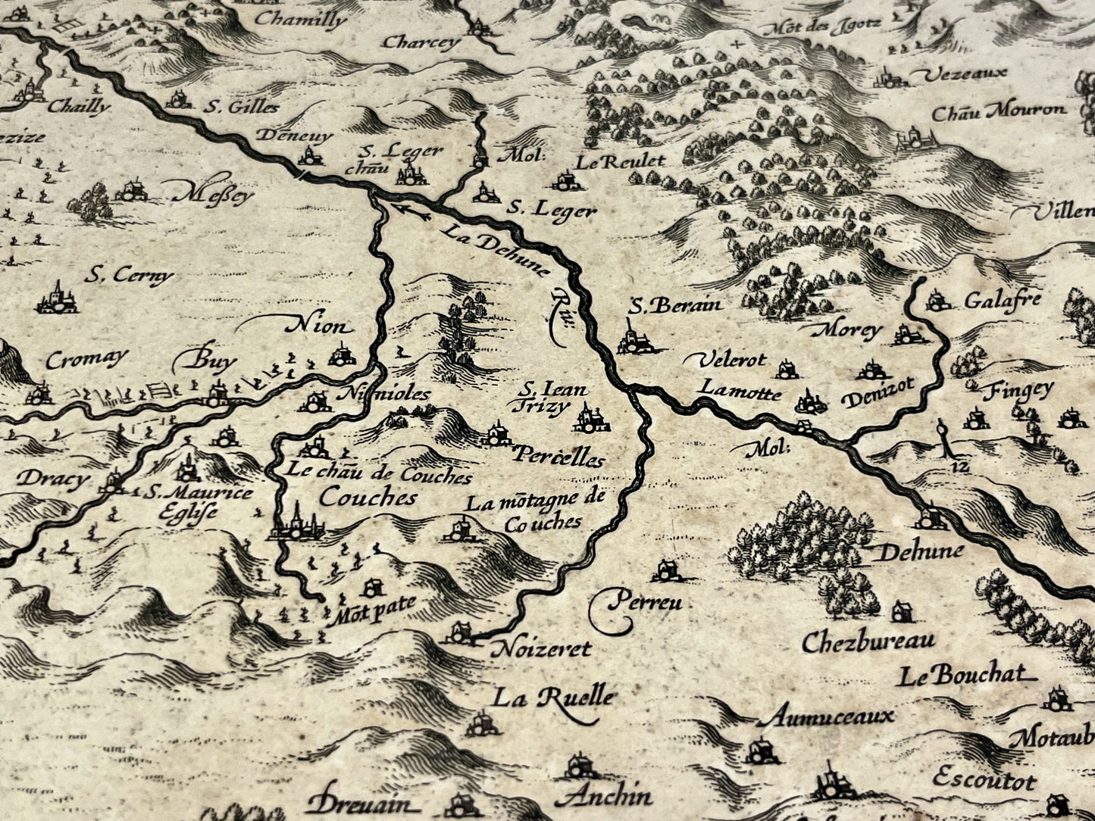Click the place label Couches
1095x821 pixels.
(x=368, y=497)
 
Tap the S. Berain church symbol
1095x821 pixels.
(x=634, y=339)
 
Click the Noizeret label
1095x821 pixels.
(x=540, y=649)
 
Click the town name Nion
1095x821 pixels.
(x=318, y=327)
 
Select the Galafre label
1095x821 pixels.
(x=1003, y=301)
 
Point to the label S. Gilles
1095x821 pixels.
(x=241, y=108)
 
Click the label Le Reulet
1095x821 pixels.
(x=620, y=161)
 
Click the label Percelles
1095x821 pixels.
(x=559, y=457)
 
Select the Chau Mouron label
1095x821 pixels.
(x=997, y=112)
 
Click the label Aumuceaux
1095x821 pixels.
(x=829, y=715)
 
